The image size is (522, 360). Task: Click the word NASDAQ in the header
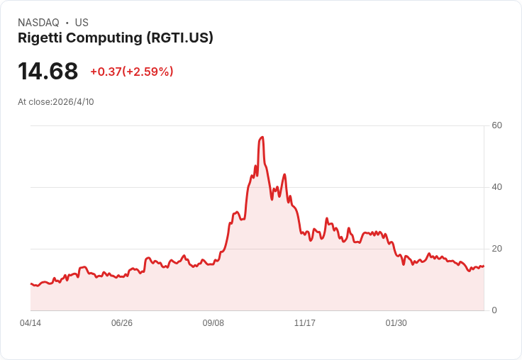(x=38, y=23)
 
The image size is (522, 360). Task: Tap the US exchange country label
(x=82, y=23)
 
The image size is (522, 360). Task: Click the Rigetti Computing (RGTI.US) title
(x=116, y=38)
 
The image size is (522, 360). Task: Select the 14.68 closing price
(x=48, y=72)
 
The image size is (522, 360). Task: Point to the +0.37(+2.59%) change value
(x=131, y=72)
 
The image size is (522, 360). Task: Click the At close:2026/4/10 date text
(x=56, y=102)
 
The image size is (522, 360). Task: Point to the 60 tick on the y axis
(x=497, y=125)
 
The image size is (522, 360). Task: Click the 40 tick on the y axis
(x=497, y=187)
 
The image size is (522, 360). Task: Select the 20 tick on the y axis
(x=497, y=249)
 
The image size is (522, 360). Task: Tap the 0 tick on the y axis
(x=495, y=310)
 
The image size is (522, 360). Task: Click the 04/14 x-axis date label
(x=30, y=323)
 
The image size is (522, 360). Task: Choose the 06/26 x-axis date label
(x=122, y=323)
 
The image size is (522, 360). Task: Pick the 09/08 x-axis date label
(x=213, y=323)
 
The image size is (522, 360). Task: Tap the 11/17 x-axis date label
(x=305, y=323)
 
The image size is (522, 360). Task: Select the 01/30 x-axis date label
(x=396, y=323)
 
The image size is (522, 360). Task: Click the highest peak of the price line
(x=262, y=137)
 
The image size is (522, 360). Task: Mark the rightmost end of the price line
(x=484, y=266)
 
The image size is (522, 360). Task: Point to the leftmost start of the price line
(x=30, y=283)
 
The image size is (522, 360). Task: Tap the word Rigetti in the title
(x=38, y=38)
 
